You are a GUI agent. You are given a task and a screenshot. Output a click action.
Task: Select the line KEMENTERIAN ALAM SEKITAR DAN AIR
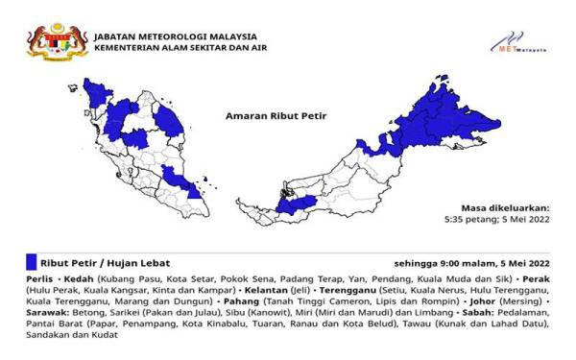pos(178,43)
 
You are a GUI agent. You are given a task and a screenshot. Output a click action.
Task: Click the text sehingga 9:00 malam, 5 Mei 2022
pos(471,262)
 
